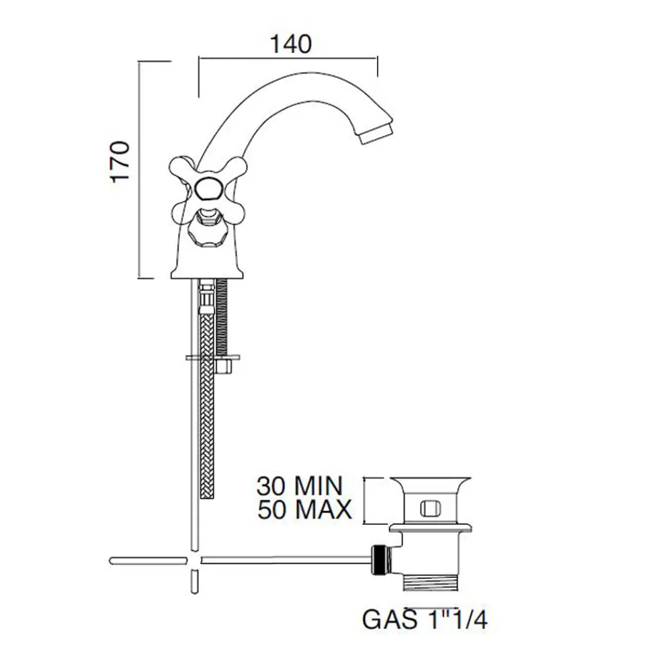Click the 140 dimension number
(x=290, y=44)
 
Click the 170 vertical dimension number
(x=120, y=161)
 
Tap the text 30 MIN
(x=300, y=487)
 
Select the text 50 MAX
(x=304, y=509)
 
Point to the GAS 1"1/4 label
(x=425, y=619)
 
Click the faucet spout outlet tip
(x=377, y=134)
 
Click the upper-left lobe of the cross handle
(x=180, y=167)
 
